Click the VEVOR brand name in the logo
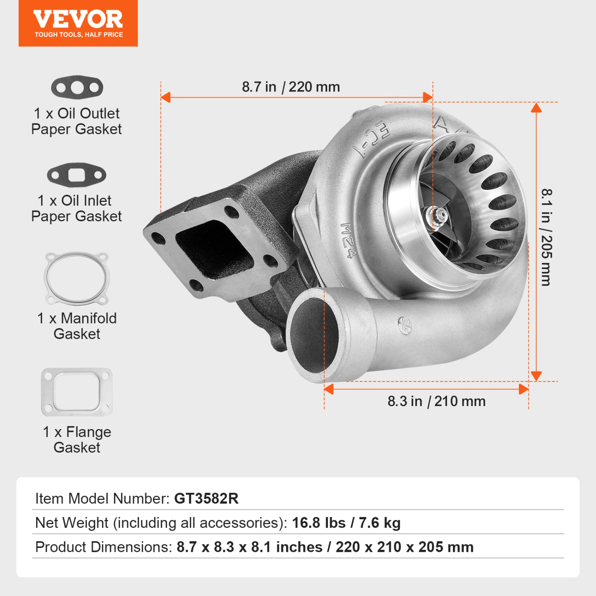click(x=78, y=19)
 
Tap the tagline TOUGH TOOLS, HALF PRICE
click(x=79, y=35)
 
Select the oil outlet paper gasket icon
click(x=77, y=87)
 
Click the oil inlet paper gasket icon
click(x=77, y=175)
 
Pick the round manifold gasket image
click(x=77, y=278)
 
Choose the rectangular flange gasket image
click(x=77, y=392)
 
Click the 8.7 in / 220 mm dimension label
click(x=291, y=87)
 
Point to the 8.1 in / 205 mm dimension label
click(x=547, y=237)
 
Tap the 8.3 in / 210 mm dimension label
click(x=436, y=401)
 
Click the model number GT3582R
click(x=206, y=499)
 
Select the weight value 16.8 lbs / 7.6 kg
click(x=346, y=523)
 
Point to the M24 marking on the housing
click(x=348, y=240)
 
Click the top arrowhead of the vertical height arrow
click(x=536, y=107)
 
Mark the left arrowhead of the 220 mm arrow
click(x=165, y=97)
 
